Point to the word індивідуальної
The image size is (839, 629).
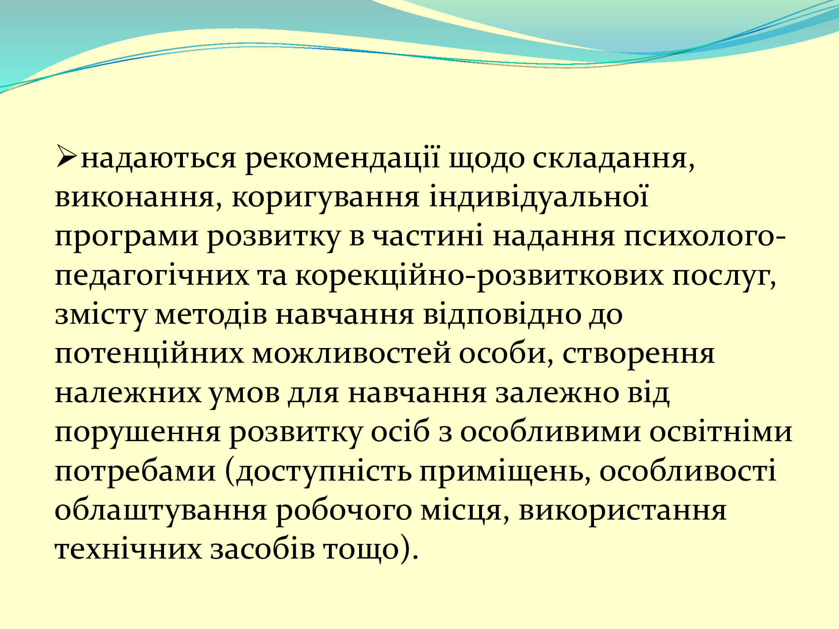(x=538, y=196)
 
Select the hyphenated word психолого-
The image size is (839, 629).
(x=704, y=237)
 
